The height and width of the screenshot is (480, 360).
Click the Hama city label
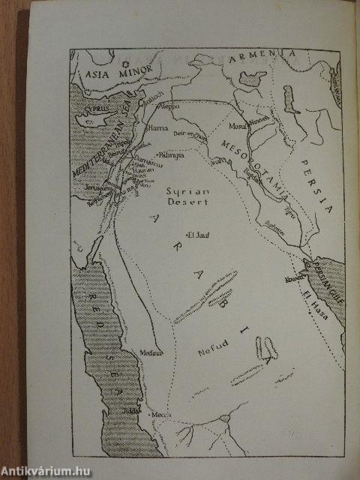click(x=158, y=128)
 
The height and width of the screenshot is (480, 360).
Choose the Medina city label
click(x=150, y=352)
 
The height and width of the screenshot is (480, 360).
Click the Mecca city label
click(x=160, y=415)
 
